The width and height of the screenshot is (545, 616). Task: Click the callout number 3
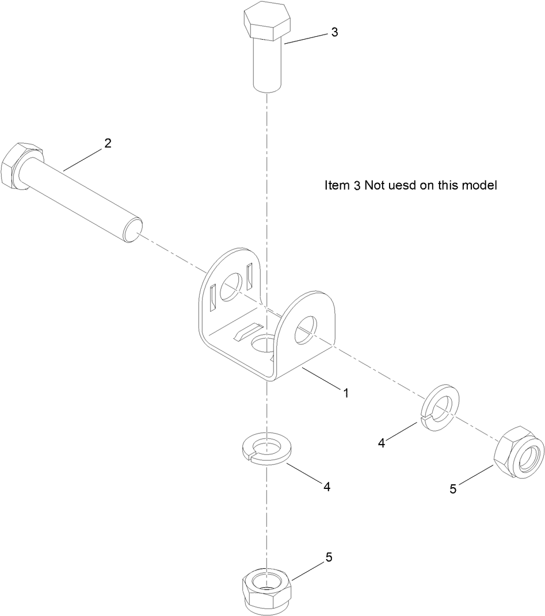click(x=333, y=32)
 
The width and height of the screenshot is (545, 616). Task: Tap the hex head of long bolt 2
click(x=17, y=167)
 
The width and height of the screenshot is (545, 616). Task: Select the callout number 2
click(x=107, y=144)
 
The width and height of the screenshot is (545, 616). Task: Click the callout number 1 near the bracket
click(x=346, y=393)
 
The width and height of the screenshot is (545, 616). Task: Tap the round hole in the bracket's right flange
click(x=306, y=332)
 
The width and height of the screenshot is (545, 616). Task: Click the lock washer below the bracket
click(x=265, y=447)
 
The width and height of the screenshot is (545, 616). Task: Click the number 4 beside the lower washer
click(x=327, y=487)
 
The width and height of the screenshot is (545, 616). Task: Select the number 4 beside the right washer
click(x=381, y=443)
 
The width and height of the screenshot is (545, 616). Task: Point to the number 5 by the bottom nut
click(x=329, y=557)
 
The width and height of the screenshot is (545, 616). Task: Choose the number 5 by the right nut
click(x=453, y=489)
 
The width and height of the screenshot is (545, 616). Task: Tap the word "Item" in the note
click(x=336, y=186)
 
